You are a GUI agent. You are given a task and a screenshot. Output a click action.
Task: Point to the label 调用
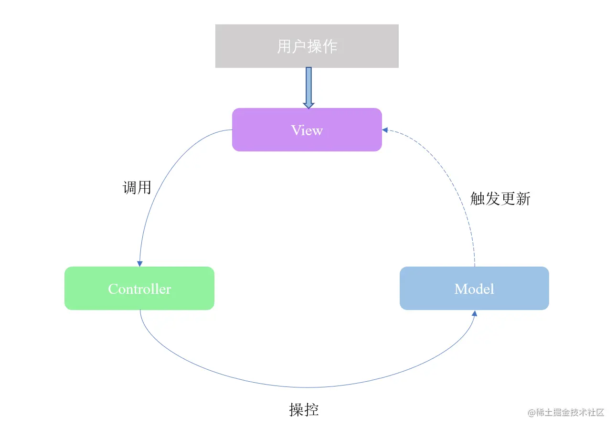pos(137,188)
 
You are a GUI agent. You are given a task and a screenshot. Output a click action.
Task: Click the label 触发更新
pos(500,199)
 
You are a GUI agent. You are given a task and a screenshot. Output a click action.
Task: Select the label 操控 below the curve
pos(304,409)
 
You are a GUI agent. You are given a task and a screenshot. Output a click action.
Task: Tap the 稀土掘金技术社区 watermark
pos(566,412)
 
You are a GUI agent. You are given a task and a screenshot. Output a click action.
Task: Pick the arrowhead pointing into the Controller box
pos(139,263)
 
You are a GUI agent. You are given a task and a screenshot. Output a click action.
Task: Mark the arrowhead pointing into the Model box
pos(474,313)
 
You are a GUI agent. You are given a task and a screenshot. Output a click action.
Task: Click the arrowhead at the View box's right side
pos(385,130)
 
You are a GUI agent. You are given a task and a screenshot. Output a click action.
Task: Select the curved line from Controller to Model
pos(306,387)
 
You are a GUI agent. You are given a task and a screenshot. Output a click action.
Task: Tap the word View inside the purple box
pos(307,130)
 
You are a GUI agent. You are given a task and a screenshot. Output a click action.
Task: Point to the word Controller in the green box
pos(139,289)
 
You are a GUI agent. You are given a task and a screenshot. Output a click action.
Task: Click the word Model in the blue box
pos(474,289)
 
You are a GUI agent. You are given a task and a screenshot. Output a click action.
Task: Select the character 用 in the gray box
pos(285,47)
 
